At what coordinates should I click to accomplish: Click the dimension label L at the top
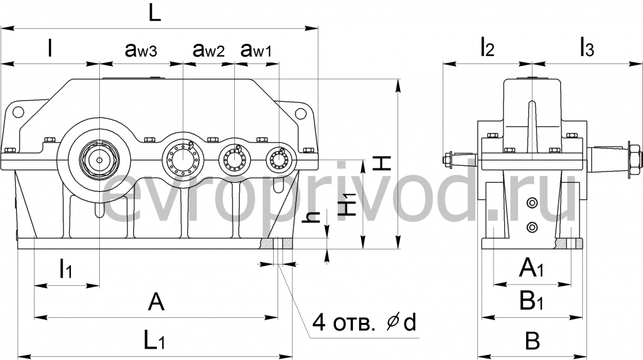[x=154, y=14]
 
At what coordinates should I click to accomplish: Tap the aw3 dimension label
[x=141, y=50]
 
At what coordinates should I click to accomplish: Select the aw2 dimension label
[x=208, y=50]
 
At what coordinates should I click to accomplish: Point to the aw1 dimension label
[x=256, y=50]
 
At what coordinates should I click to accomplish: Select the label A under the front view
[x=156, y=303]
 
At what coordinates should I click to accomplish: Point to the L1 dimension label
[x=154, y=341]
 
